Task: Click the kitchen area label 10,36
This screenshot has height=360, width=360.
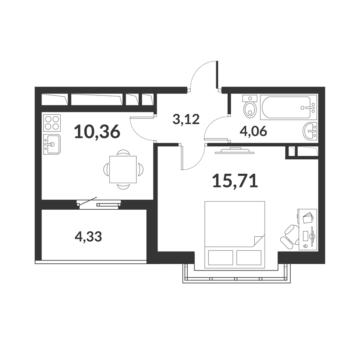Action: pyautogui.click(x=97, y=131)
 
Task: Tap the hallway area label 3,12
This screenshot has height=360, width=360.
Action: pyautogui.click(x=186, y=119)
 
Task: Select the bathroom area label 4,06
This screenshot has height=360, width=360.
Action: pyautogui.click(x=253, y=131)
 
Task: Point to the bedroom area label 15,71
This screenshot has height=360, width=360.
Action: pyautogui.click(x=235, y=181)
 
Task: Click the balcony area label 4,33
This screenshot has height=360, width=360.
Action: pyautogui.click(x=88, y=237)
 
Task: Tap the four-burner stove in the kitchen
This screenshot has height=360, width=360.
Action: pyautogui.click(x=52, y=123)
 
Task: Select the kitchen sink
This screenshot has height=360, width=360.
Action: pyautogui.click(x=52, y=144)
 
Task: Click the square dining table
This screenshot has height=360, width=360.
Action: pyautogui.click(x=123, y=170)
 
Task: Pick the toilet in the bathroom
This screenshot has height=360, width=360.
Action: pyautogui.click(x=250, y=107)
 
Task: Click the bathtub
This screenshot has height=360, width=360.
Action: pyautogui.click(x=288, y=108)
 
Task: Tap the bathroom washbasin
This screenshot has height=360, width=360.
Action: pyautogui.click(x=310, y=130)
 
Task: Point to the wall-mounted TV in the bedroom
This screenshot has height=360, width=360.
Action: pyautogui.click(x=234, y=150)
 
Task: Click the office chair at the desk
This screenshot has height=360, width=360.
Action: pyautogui.click(x=290, y=237)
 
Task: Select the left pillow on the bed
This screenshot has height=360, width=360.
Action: pyautogui.click(x=220, y=257)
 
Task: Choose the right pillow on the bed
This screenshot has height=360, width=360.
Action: pyautogui.click(x=249, y=257)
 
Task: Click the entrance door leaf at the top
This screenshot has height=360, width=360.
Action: pyautogui.click(x=217, y=75)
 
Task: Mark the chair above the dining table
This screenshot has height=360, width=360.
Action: pyautogui.click(x=123, y=153)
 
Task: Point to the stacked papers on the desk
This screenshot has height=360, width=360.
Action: pyautogui.click(x=308, y=217)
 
